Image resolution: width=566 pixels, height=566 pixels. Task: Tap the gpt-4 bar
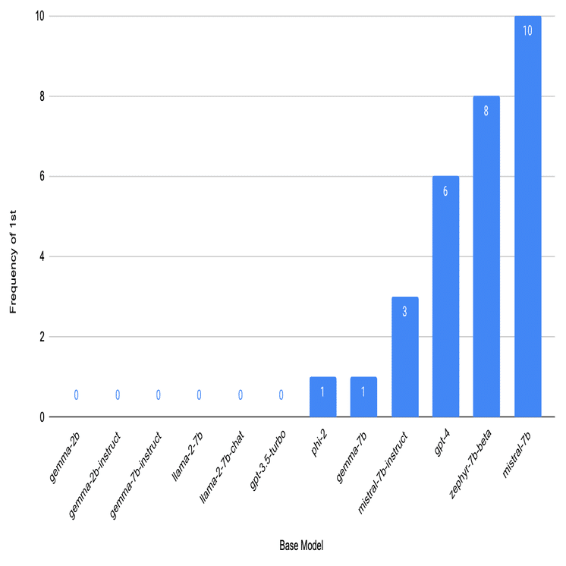[x=445, y=297]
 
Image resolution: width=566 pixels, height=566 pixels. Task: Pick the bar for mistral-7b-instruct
[x=404, y=357]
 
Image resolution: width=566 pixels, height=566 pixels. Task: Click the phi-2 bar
[x=322, y=397]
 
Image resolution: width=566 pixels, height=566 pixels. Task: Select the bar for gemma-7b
[x=363, y=397]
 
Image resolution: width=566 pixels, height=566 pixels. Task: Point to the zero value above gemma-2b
[x=77, y=395]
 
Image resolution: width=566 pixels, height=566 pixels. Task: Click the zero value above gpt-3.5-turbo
[x=281, y=395]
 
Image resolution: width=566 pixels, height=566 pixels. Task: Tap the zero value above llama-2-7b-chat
[x=241, y=395]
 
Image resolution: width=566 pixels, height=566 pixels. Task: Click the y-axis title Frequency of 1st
[x=13, y=256]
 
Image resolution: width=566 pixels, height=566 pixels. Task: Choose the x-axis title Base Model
[x=301, y=544]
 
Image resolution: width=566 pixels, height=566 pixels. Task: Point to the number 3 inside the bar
[x=404, y=311]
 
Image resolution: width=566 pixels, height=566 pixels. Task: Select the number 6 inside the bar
[x=445, y=191]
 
